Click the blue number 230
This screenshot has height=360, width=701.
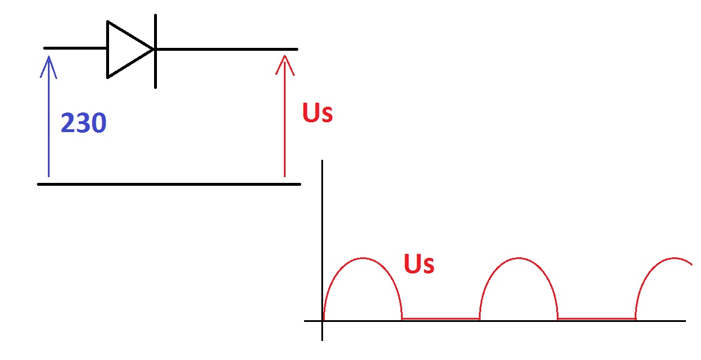84,123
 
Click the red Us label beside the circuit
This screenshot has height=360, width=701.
317,113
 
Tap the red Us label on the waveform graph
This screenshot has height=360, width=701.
419,264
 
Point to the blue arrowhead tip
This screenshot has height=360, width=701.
48,57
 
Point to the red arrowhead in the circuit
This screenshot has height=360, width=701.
284,58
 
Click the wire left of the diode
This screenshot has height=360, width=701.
75,49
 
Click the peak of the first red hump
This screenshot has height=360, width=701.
362,258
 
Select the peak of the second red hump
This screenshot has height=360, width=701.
519,258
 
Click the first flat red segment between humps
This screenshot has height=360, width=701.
441,318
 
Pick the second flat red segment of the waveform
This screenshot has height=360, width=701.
597,318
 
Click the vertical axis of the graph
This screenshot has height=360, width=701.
322,231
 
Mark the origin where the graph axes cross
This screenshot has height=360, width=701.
322,321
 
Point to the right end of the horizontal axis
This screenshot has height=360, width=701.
684,321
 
